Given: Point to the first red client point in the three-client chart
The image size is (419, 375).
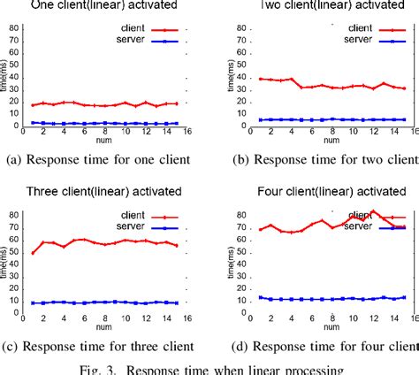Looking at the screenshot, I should (33, 253).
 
